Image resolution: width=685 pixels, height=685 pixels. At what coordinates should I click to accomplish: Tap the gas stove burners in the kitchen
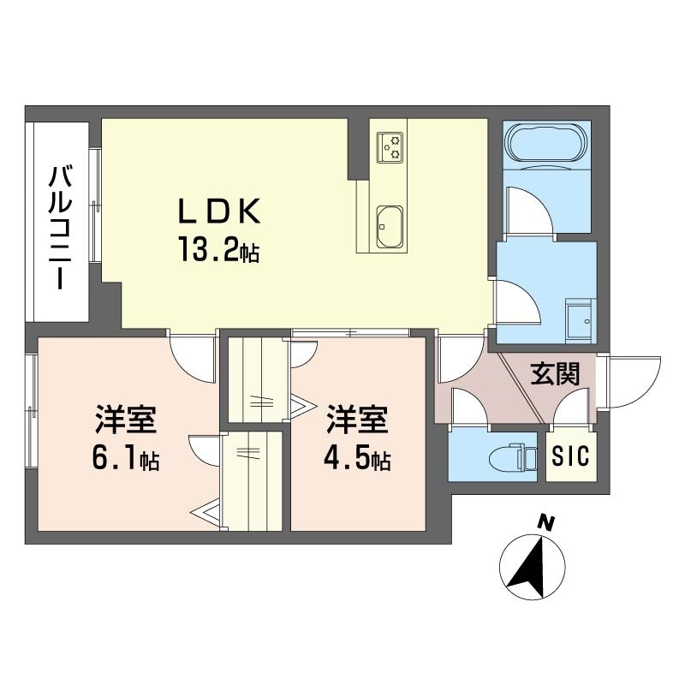point(391,146)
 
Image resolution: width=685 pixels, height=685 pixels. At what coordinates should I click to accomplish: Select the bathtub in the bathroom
point(546,142)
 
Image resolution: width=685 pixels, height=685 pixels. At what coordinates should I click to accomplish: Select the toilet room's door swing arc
point(469,406)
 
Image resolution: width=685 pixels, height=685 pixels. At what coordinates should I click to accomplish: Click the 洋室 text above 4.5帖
point(357,421)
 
